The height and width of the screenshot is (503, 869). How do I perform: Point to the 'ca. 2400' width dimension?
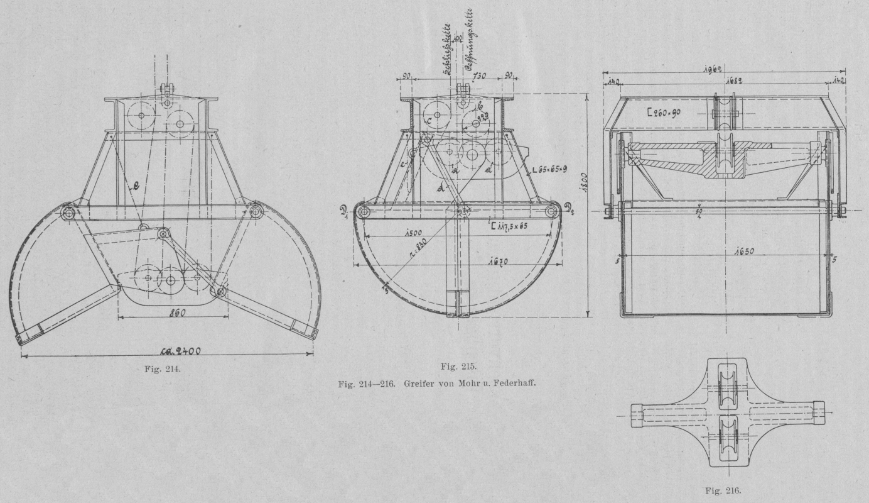click(x=178, y=351)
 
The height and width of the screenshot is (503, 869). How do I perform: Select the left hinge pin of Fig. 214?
click(x=67, y=213)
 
